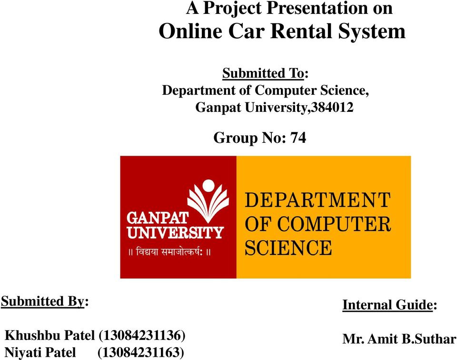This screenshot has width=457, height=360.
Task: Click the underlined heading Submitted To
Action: [263, 73]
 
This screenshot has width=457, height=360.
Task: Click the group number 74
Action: [298, 138]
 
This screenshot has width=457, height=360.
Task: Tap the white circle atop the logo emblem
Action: [208, 186]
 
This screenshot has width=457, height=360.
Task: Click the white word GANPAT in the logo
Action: [158, 218]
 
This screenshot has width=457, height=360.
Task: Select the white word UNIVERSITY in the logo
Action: [175, 232]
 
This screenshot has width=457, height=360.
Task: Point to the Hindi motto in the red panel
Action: [169, 251]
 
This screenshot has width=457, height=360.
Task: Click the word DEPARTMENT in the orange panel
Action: [318, 200]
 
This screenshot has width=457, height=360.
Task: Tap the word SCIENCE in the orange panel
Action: [288, 248]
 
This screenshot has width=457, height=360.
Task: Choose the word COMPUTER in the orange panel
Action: [334, 224]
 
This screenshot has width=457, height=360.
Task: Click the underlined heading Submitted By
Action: [42, 301]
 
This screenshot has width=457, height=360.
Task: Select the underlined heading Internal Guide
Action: [387, 305]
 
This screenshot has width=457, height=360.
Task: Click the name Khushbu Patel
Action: [50, 335]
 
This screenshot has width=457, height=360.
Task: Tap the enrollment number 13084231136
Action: [142, 335]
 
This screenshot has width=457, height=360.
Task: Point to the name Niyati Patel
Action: [40, 352]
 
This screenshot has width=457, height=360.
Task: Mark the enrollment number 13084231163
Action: [141, 352]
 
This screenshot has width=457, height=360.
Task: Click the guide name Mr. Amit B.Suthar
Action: [399, 339]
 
